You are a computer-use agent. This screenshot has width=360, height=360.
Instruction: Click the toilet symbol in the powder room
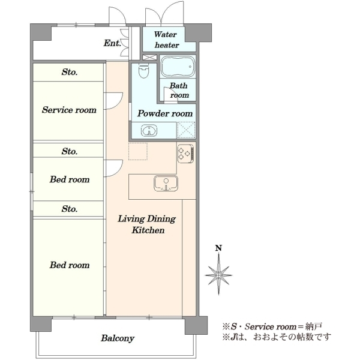click(x=144, y=71)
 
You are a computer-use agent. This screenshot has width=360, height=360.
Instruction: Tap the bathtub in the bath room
click(x=178, y=67)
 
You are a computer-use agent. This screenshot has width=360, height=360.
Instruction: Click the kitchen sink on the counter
click(x=166, y=183)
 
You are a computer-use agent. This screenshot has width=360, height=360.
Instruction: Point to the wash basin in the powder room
click(x=149, y=131)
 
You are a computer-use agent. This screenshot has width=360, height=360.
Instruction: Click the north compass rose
click(x=218, y=274)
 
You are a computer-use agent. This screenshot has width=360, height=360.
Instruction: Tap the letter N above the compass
click(x=218, y=248)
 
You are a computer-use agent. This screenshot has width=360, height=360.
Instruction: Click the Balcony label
click(x=118, y=338)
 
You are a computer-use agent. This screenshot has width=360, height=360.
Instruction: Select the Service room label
click(x=69, y=110)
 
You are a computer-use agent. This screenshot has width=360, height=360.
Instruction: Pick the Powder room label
click(x=165, y=113)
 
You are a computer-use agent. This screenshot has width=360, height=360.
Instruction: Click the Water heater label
click(x=166, y=40)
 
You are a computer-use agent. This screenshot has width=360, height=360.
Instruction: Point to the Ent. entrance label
click(x=112, y=43)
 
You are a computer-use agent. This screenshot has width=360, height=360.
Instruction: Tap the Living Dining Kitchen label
click(x=147, y=224)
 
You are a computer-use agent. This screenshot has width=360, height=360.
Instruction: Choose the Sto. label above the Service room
click(x=70, y=72)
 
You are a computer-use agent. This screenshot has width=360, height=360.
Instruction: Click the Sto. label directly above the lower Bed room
click(x=70, y=209)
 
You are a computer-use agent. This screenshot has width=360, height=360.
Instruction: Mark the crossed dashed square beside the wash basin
click(x=186, y=130)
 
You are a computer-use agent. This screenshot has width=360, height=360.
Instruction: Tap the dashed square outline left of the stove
click(x=138, y=151)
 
